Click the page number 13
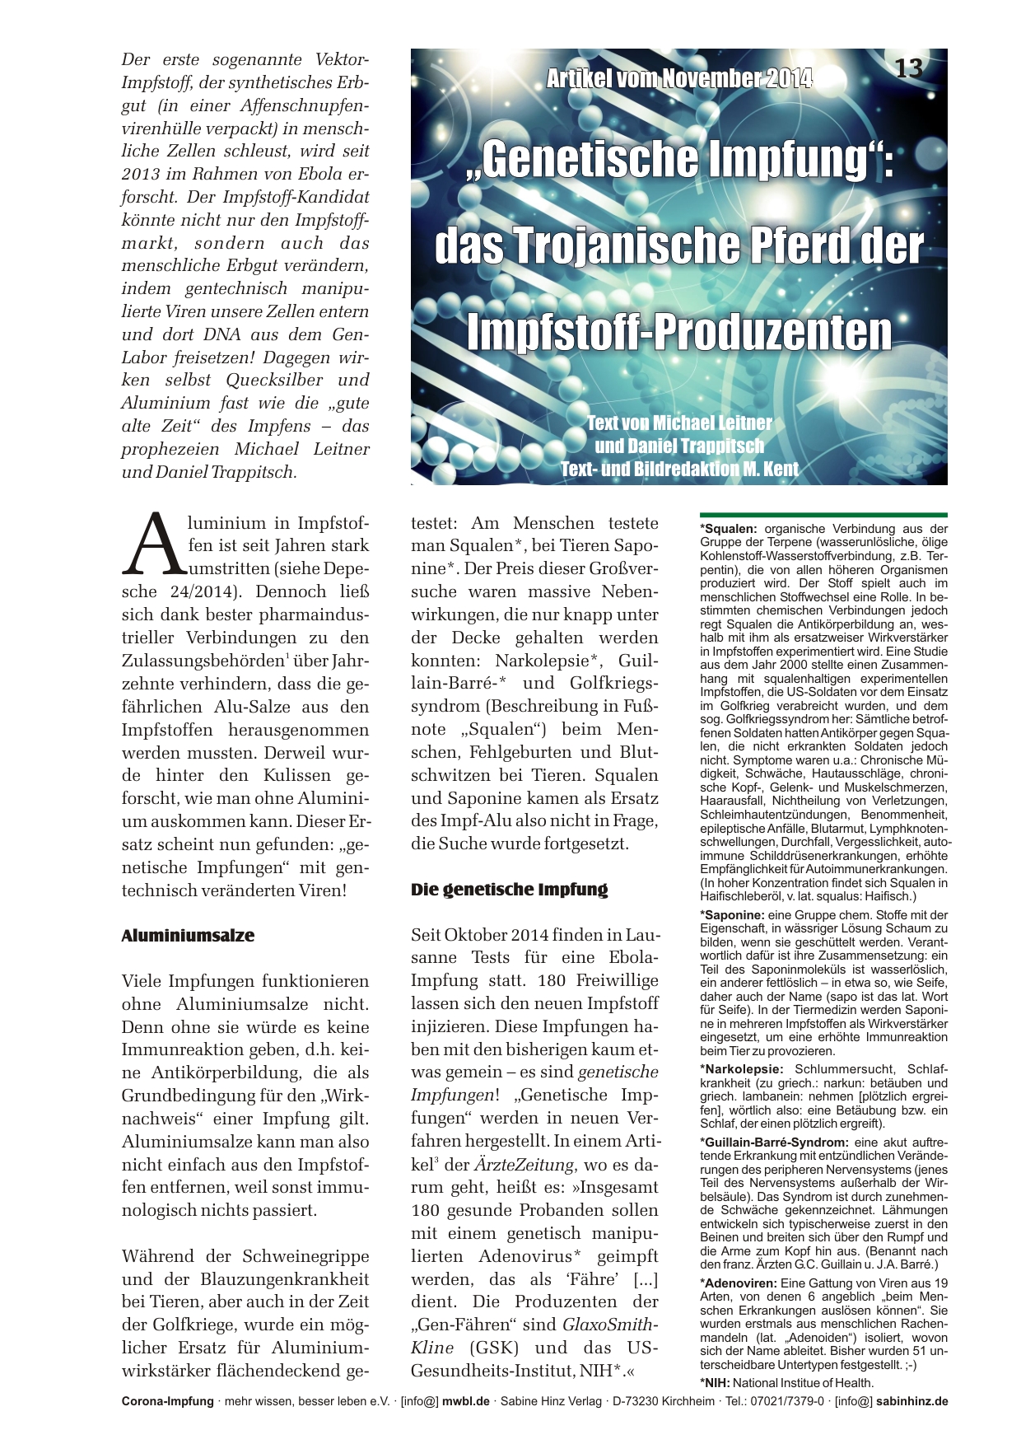(x=908, y=68)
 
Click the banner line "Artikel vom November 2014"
(x=678, y=79)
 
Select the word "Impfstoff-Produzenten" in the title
(x=679, y=331)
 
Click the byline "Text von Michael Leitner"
(x=679, y=423)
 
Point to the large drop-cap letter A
(x=153, y=544)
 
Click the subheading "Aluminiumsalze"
(x=188, y=936)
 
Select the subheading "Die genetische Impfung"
(x=509, y=890)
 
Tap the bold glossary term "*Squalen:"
(x=729, y=529)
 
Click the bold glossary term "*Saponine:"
(x=732, y=914)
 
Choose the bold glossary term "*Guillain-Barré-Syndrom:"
(x=774, y=1143)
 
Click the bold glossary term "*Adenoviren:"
(x=738, y=1283)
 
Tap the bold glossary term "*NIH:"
(x=715, y=1383)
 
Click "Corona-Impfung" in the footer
(x=167, y=1401)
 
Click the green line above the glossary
(x=823, y=514)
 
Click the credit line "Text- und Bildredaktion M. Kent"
(x=679, y=470)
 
